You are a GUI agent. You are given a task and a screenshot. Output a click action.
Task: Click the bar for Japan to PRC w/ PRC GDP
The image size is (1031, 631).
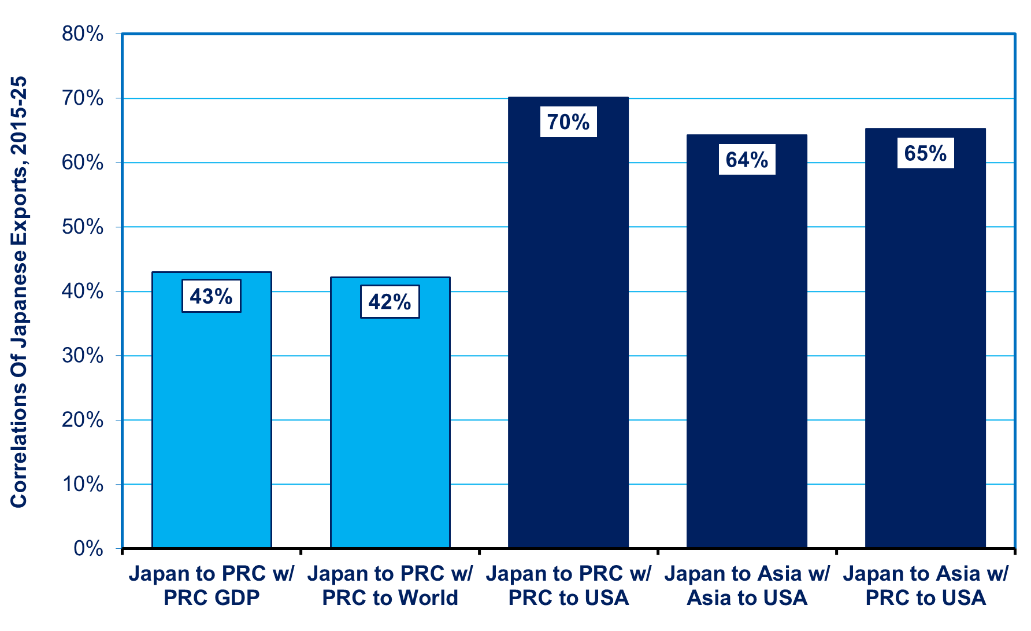[x=212, y=409]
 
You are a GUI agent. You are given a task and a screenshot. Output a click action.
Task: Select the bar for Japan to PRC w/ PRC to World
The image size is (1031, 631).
[x=390, y=412]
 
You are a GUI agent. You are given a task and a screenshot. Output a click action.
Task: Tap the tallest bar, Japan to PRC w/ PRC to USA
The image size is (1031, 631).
[x=569, y=322]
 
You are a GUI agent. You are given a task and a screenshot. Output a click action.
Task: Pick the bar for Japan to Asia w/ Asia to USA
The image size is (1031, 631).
[x=747, y=341]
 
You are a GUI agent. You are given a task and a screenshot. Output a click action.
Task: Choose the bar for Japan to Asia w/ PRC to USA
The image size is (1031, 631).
[x=925, y=338]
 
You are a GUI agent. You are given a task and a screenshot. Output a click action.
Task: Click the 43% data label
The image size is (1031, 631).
[x=212, y=296]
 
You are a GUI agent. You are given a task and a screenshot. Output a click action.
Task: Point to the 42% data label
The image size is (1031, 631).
[x=390, y=301]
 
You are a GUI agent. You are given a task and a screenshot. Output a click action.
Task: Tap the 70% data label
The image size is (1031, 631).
[x=569, y=121]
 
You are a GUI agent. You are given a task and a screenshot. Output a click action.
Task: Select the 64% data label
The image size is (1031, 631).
[x=747, y=159]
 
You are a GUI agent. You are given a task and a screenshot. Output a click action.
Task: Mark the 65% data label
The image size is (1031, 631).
[x=925, y=153]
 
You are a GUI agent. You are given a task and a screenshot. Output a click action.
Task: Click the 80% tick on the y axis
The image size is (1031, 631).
[x=83, y=34]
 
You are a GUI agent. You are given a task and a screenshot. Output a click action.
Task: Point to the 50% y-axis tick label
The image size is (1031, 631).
[x=83, y=227]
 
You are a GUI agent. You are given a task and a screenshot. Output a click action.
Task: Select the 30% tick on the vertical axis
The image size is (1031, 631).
[x=83, y=355]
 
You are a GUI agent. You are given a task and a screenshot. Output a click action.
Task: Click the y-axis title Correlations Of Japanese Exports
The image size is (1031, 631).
[x=18, y=292]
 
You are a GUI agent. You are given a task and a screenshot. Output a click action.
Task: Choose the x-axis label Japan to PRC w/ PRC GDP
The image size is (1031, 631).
[x=212, y=585]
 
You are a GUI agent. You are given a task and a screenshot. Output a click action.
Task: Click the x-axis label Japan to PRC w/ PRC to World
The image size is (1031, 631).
[x=390, y=585]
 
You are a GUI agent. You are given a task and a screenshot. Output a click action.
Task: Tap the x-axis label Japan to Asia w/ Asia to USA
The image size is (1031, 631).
[x=747, y=585]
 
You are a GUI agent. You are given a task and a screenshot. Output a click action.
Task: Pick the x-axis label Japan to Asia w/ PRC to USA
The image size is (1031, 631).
[x=925, y=585]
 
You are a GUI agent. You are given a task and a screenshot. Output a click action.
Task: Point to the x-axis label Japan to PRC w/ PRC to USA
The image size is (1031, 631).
[x=569, y=585]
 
